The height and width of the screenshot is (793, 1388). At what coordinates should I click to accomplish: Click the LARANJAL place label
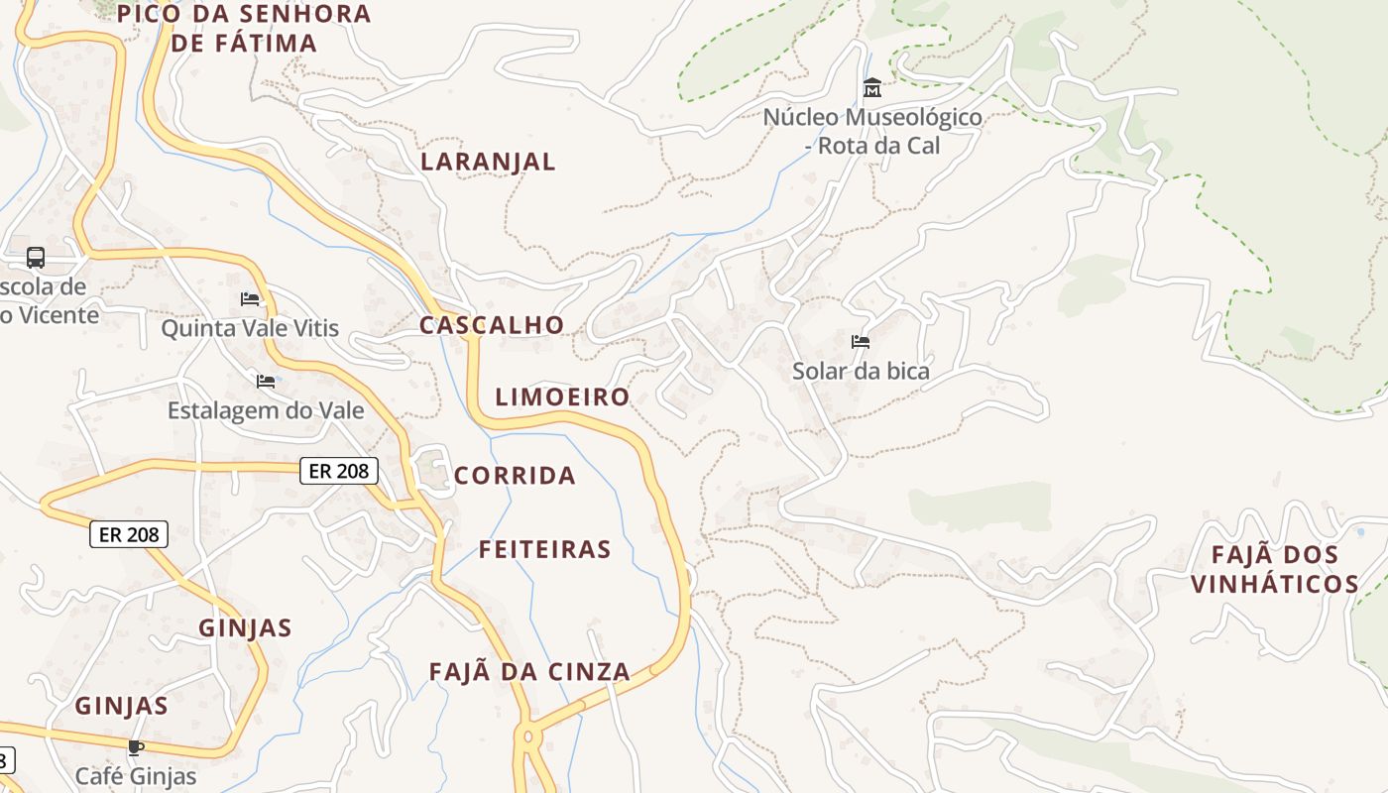coord(488,162)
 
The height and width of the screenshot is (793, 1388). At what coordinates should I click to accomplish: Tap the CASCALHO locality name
coord(492,325)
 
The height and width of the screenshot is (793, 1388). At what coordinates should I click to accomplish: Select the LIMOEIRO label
coord(562,397)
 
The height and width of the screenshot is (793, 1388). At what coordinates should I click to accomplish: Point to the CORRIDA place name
coord(515,476)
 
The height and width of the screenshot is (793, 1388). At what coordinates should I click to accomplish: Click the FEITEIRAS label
coord(545,549)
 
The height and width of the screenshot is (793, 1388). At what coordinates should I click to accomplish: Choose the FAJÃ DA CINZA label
coord(529,672)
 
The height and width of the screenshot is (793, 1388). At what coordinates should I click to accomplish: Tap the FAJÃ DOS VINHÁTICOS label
coord(1275,569)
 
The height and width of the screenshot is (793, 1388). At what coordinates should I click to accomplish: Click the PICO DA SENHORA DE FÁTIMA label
coord(244,28)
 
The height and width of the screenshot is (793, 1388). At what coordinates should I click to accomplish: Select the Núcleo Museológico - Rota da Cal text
coord(872,131)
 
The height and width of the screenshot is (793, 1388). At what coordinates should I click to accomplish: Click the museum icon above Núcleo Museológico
coord(872,88)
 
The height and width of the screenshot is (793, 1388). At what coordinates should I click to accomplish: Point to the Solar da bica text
coord(861,372)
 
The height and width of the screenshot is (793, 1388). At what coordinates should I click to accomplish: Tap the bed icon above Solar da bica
coord(861,342)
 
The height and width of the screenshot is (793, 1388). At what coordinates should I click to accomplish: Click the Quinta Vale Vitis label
coord(250,328)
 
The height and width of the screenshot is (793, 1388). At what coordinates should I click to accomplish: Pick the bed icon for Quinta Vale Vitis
coord(250,298)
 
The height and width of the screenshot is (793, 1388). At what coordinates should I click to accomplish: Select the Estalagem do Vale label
coord(266,410)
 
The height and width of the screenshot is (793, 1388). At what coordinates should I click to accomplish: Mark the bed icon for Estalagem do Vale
coord(266,381)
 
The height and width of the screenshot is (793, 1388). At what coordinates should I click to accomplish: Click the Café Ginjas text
coord(136,776)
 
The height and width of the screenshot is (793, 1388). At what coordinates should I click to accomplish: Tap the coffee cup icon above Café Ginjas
coord(136,747)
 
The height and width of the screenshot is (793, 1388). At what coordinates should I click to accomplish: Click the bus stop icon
coord(36,258)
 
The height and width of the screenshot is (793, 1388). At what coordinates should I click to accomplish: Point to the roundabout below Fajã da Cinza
coord(526,736)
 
